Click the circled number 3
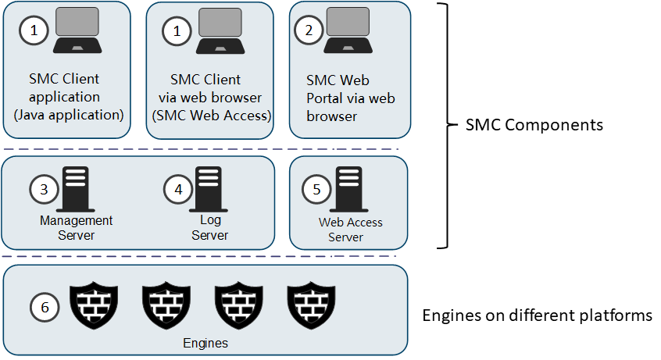pyautogui.click(x=44, y=189)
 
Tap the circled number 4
pyautogui.click(x=178, y=189)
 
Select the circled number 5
pyautogui.click(x=316, y=189)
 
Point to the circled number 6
pyautogui.click(x=45, y=308)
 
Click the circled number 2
pyautogui.click(x=309, y=31)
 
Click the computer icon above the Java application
pyautogui.click(x=76, y=31)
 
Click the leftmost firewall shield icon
pyautogui.click(x=94, y=307)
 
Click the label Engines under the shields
pyautogui.click(x=205, y=342)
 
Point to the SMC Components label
pyautogui.click(x=534, y=125)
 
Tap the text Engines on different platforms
pyautogui.click(x=537, y=316)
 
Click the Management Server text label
pyautogui.click(x=77, y=227)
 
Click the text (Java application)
pyautogui.click(x=69, y=115)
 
